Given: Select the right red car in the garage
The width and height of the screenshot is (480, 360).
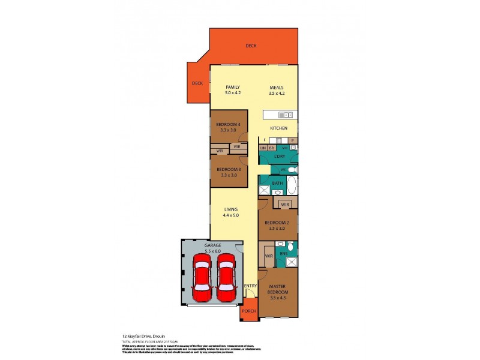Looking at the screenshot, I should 226,277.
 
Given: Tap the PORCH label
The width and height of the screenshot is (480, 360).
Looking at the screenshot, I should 249,311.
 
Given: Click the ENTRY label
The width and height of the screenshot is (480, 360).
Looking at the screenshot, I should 250,285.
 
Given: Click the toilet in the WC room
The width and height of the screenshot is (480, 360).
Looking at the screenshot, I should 292,170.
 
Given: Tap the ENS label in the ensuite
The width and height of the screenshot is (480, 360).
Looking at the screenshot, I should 283,254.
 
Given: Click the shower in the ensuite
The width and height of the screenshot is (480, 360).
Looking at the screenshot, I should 292,262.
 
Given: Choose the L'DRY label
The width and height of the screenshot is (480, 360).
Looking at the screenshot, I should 278,157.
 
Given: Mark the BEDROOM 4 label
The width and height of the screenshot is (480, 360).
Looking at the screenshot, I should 228,124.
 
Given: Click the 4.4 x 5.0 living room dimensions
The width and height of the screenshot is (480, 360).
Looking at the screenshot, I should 231,215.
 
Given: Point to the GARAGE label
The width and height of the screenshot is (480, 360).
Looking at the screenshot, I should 212,245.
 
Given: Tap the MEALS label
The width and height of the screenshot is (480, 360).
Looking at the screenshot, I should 277,88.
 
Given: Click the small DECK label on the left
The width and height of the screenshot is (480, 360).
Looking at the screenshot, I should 197,83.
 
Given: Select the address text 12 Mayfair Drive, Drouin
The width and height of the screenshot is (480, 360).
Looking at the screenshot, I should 145,337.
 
